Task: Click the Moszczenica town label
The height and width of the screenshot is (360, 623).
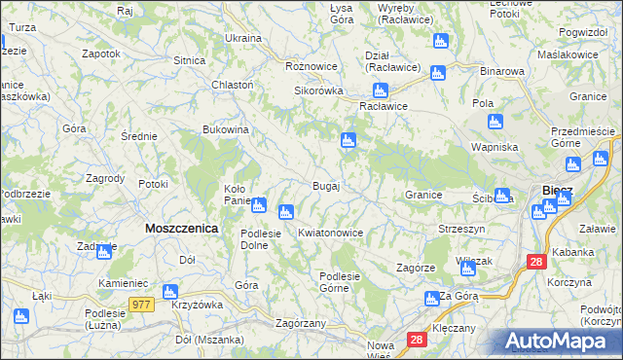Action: click(x=181, y=228)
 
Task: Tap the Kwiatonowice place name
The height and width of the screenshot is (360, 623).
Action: click(x=331, y=234)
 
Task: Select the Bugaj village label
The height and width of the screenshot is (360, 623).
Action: click(x=325, y=186)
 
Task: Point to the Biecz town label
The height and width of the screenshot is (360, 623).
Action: click(x=557, y=190)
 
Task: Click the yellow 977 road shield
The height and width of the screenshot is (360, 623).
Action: click(x=142, y=305)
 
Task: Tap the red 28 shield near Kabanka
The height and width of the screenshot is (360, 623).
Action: click(x=536, y=262)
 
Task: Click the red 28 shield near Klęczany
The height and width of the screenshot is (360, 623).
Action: click(x=416, y=339)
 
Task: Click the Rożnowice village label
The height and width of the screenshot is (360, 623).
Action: click(x=311, y=66)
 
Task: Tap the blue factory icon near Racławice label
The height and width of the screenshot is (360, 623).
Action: click(x=381, y=90)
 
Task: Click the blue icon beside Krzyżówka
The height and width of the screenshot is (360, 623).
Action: click(x=171, y=291)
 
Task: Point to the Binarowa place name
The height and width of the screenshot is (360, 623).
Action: click(x=503, y=72)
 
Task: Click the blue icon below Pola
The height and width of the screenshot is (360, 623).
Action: click(x=495, y=122)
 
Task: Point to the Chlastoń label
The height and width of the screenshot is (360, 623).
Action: click(x=233, y=85)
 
